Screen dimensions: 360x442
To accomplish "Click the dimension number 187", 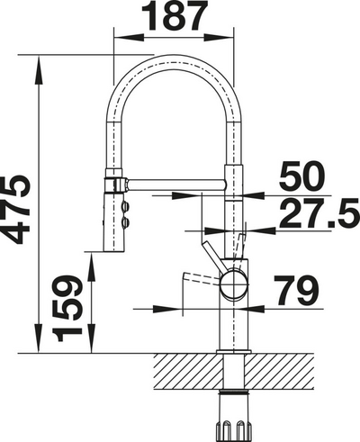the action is click(175, 15).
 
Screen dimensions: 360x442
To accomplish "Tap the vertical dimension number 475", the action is click(15, 210).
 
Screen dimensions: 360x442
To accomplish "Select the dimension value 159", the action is click(67, 309).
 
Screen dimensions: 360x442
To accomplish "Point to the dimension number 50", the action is click(301, 176).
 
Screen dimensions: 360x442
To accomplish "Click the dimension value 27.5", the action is click(319, 213).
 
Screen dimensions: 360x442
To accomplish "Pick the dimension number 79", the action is click(296, 291).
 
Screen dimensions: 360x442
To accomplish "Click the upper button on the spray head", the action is click(125, 206).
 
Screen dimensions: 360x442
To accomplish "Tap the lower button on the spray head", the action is click(125, 222).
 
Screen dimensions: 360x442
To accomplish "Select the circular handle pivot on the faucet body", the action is click(234, 284).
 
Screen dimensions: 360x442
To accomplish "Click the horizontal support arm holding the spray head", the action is click(176, 185).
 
